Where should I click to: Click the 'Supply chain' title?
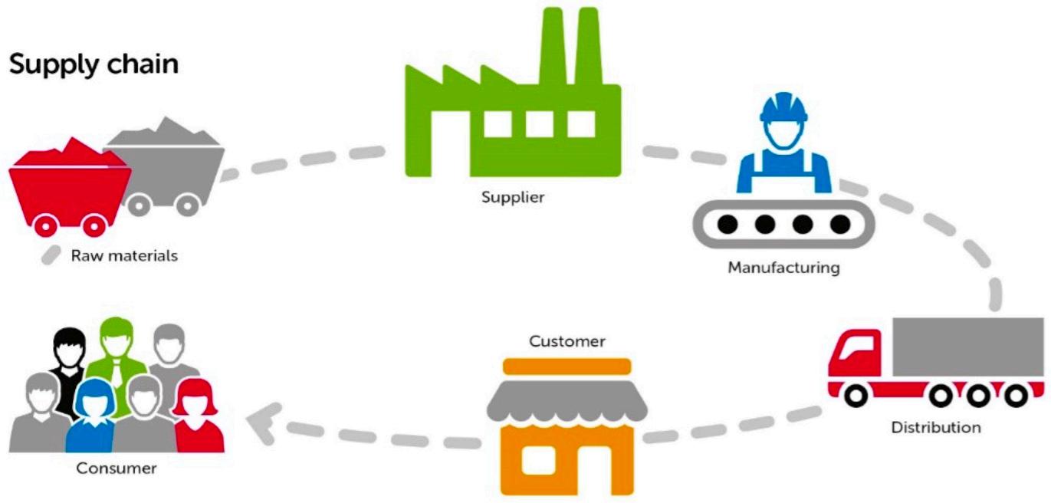click(x=94, y=64)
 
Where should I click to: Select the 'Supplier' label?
click(x=513, y=197)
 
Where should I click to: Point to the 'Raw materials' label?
click(x=124, y=255)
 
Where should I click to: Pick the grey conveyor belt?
click(x=783, y=225)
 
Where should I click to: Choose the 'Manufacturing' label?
click(x=783, y=268)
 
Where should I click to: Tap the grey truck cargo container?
click(x=967, y=347)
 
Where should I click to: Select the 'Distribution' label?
click(x=935, y=427)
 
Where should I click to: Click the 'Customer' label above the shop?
click(x=567, y=340)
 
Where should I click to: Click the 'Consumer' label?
click(x=117, y=468)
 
